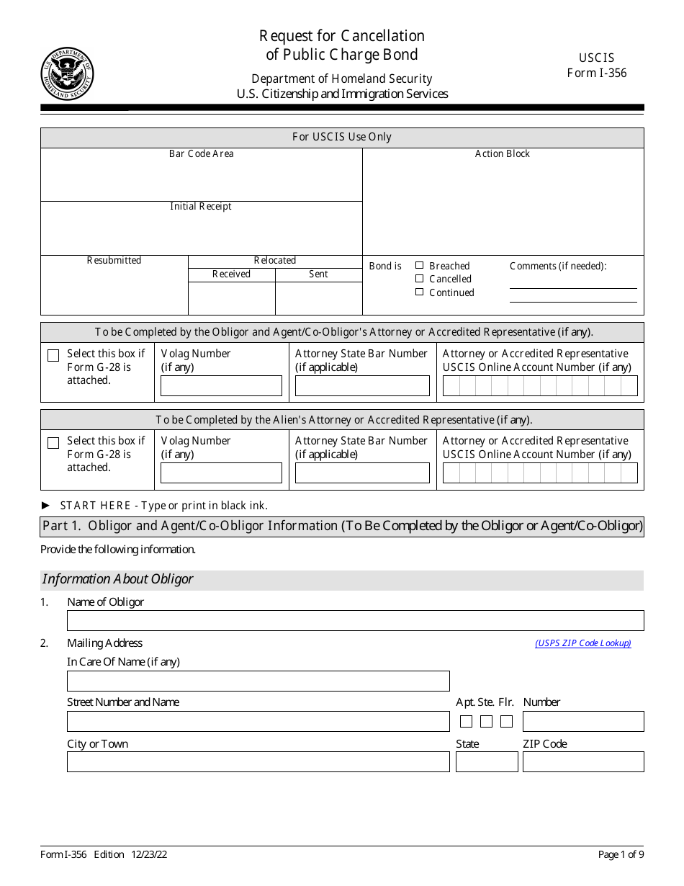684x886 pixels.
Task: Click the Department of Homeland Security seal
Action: [x=67, y=73]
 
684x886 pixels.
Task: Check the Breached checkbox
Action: [x=420, y=266]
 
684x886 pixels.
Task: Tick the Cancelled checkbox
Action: [x=420, y=279]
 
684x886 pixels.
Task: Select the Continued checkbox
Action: [x=420, y=292]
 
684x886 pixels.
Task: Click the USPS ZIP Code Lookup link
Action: [x=582, y=643]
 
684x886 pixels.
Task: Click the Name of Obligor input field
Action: [x=355, y=621]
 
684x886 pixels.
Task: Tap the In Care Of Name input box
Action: [x=258, y=681]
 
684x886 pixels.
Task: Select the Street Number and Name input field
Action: [x=258, y=722]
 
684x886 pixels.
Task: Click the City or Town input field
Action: [x=258, y=762]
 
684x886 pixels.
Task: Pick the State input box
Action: [x=487, y=762]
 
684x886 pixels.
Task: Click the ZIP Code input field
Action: [x=583, y=762]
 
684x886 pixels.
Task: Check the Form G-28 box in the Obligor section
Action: [x=53, y=356]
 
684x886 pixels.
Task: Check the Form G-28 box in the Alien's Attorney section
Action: [x=53, y=443]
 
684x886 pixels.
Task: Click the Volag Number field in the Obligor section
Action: [x=221, y=386]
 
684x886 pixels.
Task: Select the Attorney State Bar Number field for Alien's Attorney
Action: [x=362, y=473]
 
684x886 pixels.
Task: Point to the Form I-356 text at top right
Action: [x=596, y=73]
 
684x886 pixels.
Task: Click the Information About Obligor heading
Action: [x=117, y=579]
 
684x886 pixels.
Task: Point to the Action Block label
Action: [x=502, y=154]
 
